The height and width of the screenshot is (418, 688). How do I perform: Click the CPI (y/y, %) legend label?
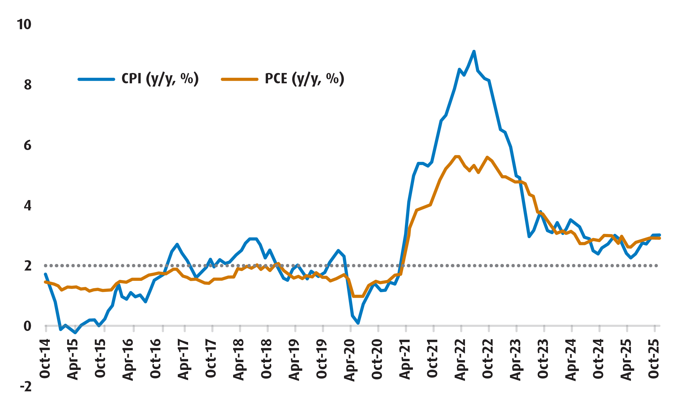(x=160, y=79)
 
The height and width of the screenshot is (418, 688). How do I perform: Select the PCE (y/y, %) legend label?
(x=304, y=79)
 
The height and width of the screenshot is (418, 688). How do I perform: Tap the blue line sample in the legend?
(x=96, y=79)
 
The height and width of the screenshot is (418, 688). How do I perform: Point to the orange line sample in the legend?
(x=240, y=79)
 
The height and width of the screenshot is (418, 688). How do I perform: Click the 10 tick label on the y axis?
(x=24, y=25)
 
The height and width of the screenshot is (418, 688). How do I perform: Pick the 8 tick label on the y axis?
(x=27, y=85)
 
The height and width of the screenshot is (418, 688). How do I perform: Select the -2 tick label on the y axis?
(x=25, y=387)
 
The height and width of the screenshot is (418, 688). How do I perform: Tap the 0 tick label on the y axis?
(x=27, y=326)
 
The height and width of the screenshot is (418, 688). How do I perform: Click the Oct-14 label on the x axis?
(x=45, y=359)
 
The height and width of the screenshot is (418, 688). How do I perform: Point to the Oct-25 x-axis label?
(x=653, y=359)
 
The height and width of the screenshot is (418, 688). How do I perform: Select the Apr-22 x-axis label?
(x=460, y=360)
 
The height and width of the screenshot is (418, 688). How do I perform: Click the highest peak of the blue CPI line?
(x=474, y=51)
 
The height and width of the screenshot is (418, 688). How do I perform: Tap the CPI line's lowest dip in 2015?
(x=75, y=333)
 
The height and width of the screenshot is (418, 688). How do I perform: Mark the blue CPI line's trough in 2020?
(x=358, y=323)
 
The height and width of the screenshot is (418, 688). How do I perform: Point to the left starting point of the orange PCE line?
(x=45, y=282)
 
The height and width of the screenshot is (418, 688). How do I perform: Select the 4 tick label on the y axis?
(x=27, y=206)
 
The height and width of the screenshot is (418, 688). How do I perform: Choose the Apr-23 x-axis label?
(x=515, y=360)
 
